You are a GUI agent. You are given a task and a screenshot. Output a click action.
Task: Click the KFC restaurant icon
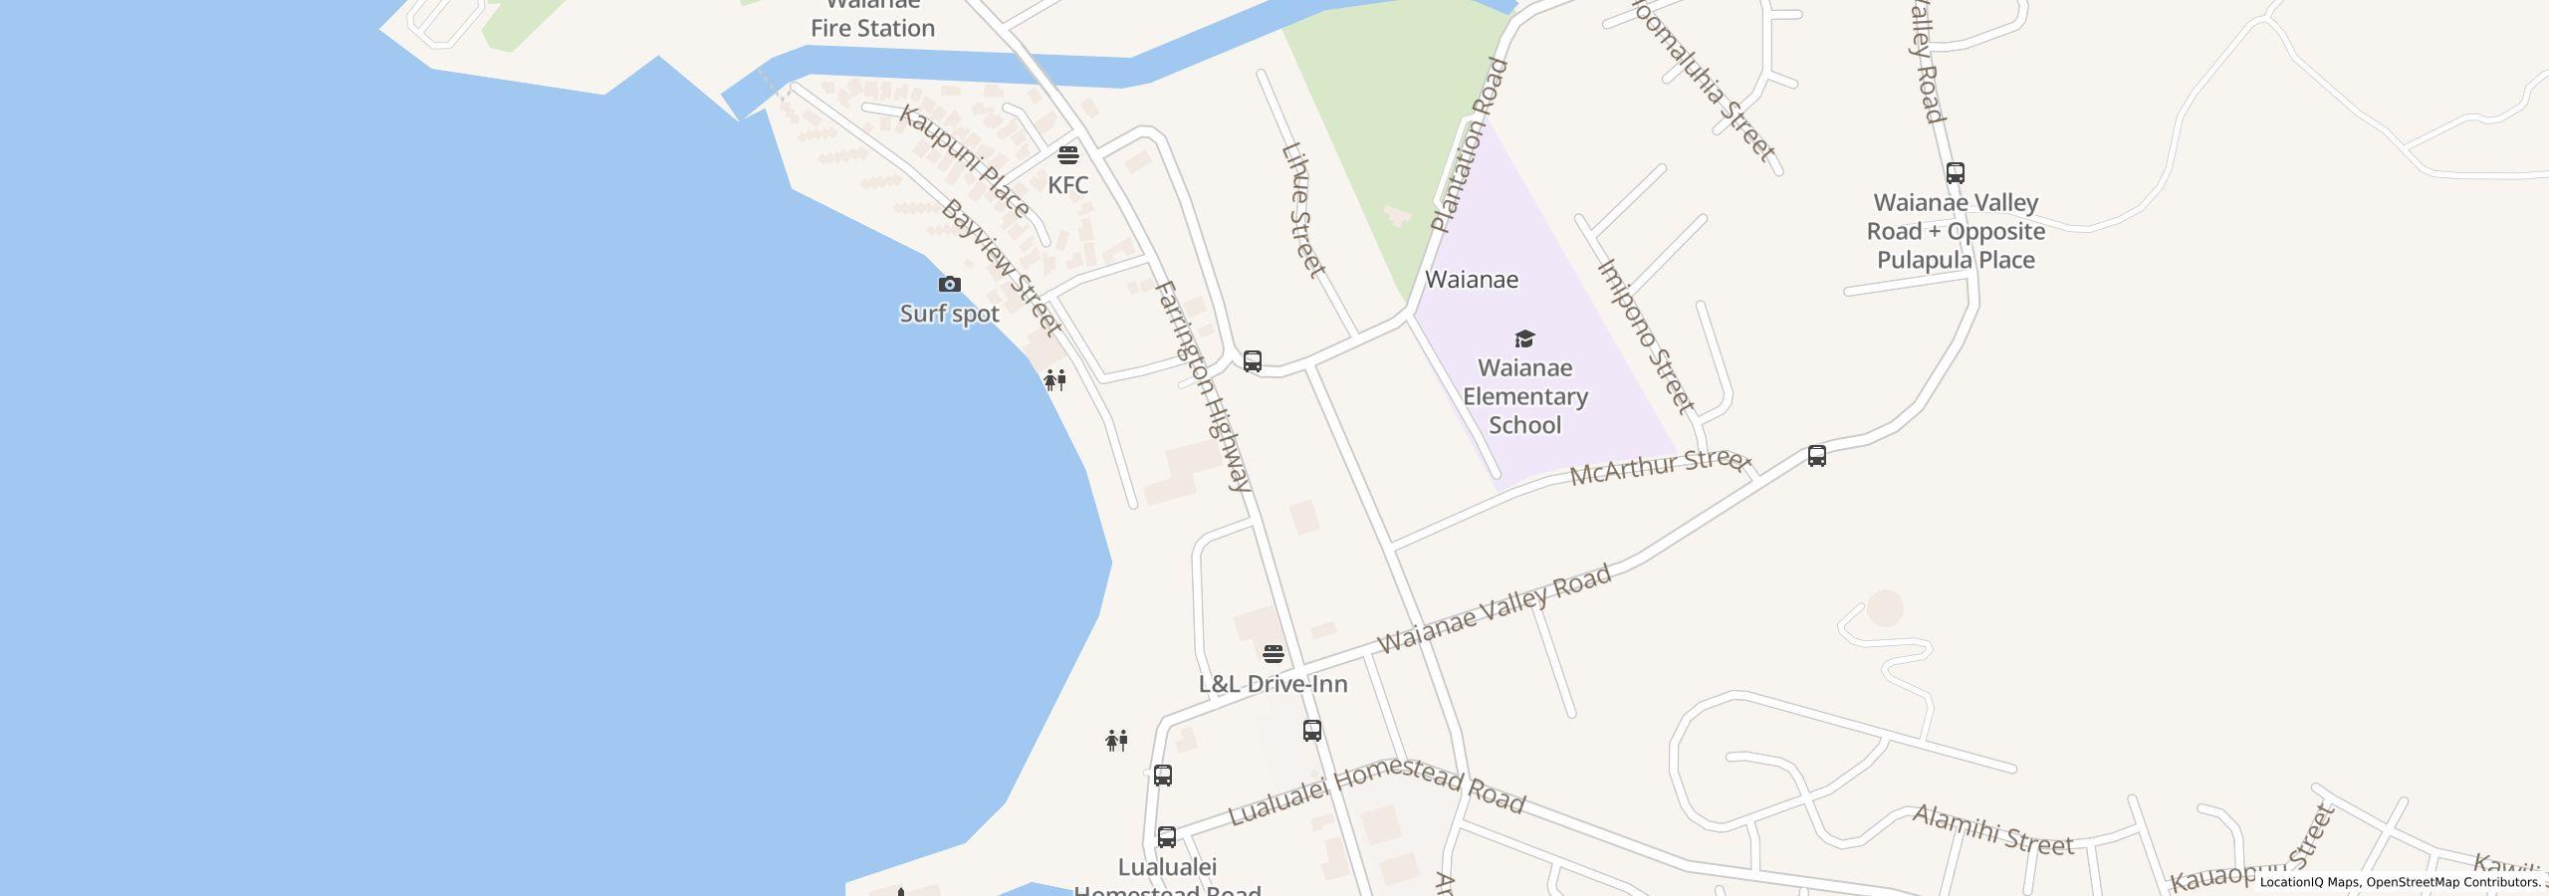(1067, 155)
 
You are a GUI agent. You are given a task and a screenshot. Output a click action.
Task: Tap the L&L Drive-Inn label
(1273, 684)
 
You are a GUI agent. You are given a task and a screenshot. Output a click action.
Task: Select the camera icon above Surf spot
(949, 285)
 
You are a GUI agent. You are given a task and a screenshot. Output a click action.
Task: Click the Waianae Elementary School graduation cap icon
(1524, 338)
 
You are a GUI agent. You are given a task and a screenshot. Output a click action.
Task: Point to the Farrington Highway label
(1202, 385)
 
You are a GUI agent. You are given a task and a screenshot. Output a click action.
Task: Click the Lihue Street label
(1302, 210)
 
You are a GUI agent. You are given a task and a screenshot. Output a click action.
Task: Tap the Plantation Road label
(1470, 145)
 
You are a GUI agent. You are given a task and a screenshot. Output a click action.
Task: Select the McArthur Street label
(1659, 466)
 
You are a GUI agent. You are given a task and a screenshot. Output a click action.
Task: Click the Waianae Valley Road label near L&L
(1494, 609)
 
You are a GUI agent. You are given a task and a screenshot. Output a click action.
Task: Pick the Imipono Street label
(1645, 336)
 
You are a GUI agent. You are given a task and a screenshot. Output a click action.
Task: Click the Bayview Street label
(1001, 267)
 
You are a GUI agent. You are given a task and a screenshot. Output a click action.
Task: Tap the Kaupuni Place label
(964, 160)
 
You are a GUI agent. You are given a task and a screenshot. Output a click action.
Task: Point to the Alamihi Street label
(1992, 830)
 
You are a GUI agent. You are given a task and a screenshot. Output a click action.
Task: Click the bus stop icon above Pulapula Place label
(1955, 173)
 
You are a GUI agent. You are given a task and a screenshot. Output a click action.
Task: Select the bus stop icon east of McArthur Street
(1816, 456)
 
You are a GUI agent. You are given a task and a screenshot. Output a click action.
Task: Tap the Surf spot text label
(949, 314)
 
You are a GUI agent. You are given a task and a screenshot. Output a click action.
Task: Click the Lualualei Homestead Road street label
(1376, 791)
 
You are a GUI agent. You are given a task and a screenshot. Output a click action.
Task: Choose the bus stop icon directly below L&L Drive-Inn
(1312, 731)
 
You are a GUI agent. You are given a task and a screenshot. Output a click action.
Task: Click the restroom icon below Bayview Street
(1054, 379)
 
